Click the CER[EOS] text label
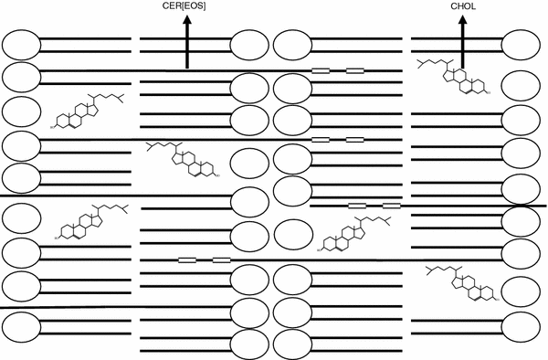[x=184, y=7]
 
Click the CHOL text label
[x=463, y=7]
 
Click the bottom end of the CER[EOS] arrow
[x=186, y=68]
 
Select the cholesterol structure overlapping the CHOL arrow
[x=452, y=79]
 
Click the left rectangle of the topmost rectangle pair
[x=321, y=70]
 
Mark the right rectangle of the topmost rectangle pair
[x=354, y=70]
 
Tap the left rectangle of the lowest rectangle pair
[x=187, y=260]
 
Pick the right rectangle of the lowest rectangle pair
[x=221, y=260]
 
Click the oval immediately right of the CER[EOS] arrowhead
[x=249, y=45]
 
